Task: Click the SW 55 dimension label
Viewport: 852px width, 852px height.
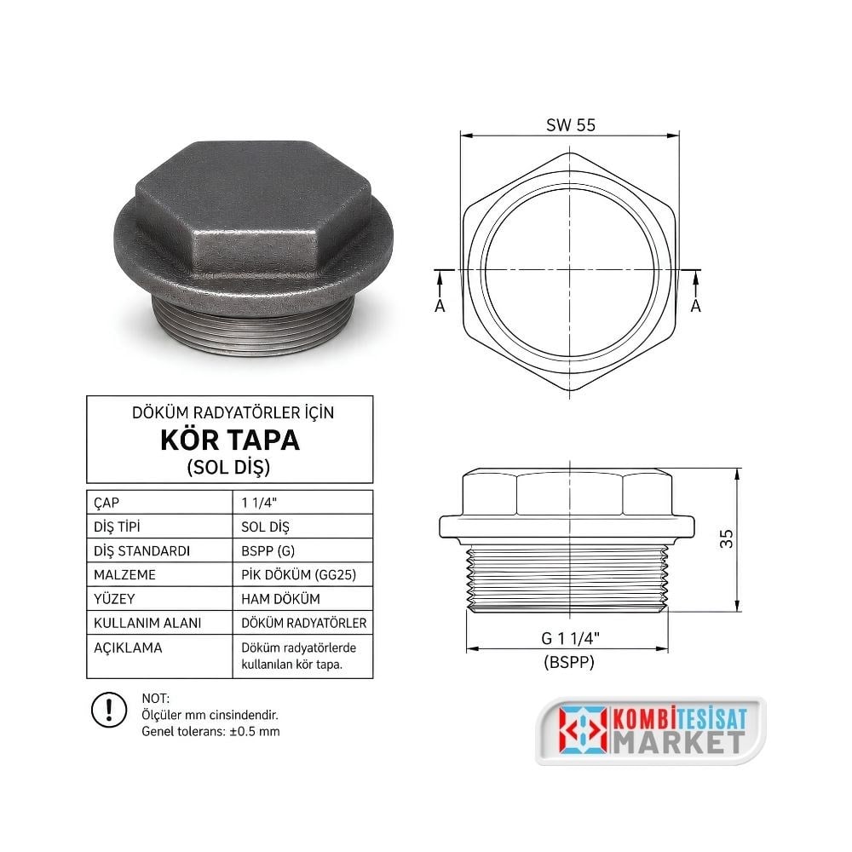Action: pyautogui.click(x=571, y=125)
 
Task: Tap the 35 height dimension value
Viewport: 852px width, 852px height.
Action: pyautogui.click(x=727, y=538)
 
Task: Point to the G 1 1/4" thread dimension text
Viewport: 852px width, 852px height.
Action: pyautogui.click(x=570, y=638)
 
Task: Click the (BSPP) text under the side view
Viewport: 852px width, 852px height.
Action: pyautogui.click(x=569, y=662)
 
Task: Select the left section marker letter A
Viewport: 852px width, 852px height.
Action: pyautogui.click(x=440, y=306)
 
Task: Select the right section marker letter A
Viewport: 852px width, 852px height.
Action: pyautogui.click(x=695, y=306)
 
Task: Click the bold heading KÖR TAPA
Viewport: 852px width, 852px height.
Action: pyautogui.click(x=230, y=440)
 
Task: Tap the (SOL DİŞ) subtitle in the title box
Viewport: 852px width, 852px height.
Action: pyautogui.click(x=228, y=467)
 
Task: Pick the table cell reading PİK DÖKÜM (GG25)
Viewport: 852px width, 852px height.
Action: pyautogui.click(x=299, y=574)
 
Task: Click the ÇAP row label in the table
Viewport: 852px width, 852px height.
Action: pyautogui.click(x=106, y=503)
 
